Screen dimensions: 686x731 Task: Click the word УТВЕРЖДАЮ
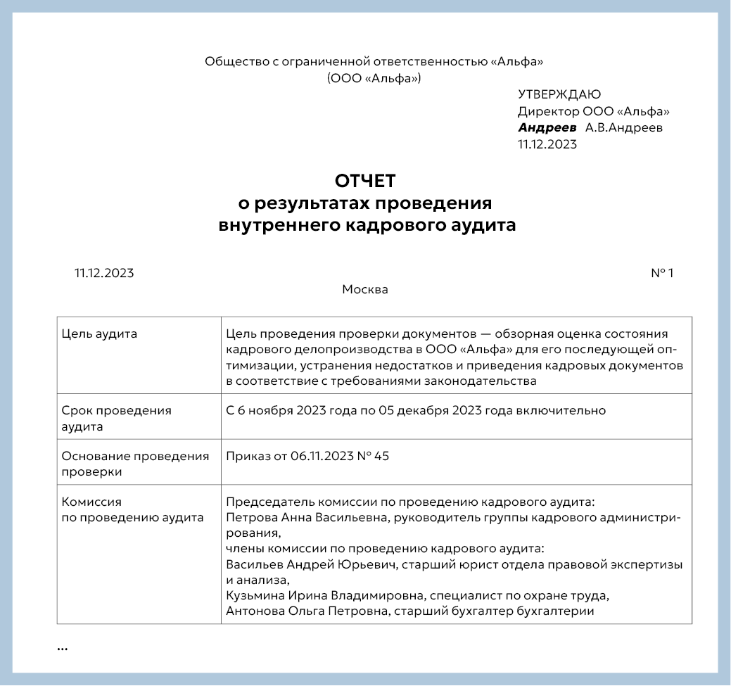[559, 94]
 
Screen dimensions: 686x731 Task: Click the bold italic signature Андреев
[547, 128]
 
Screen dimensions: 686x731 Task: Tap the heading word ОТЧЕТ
[365, 181]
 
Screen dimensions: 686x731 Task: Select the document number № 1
[661, 273]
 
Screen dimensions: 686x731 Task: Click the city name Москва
[364, 289]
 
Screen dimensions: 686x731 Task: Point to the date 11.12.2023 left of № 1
[104, 273]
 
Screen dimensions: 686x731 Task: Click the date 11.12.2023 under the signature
[547, 145]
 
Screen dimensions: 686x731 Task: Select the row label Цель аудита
[100, 334]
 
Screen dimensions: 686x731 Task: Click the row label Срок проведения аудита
[117, 418]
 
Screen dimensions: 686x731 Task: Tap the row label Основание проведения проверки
[135, 464]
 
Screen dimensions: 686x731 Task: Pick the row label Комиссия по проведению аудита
[132, 510]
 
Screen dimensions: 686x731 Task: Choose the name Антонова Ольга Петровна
[304, 611]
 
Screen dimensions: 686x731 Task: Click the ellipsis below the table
[62, 648]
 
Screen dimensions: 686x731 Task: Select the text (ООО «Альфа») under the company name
[374, 78]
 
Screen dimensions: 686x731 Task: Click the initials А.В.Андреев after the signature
[624, 128]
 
